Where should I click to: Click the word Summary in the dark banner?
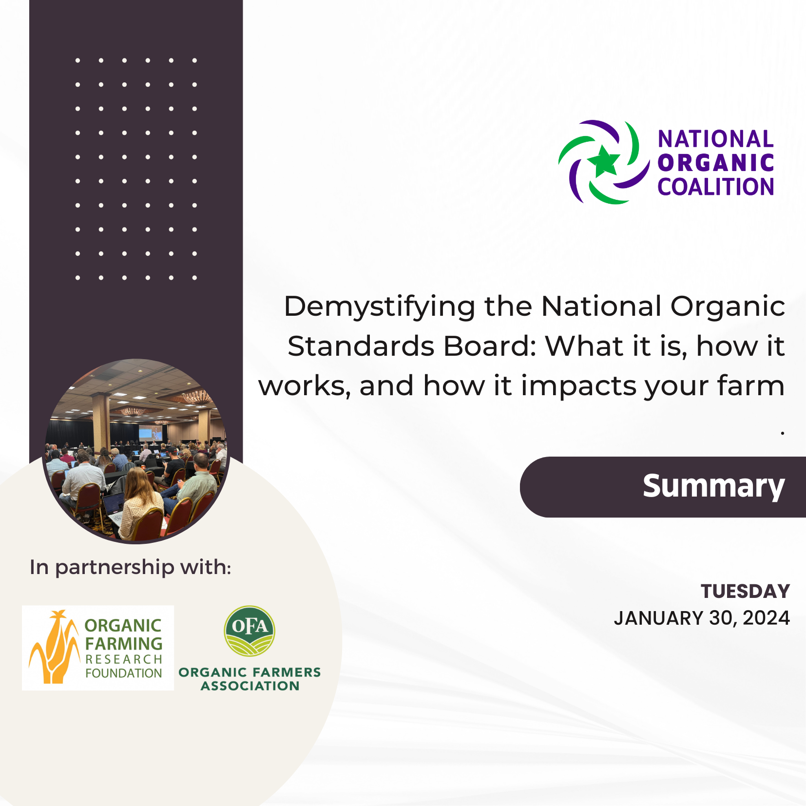click(x=713, y=486)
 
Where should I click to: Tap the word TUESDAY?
click(x=745, y=592)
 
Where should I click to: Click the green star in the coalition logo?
click(x=604, y=161)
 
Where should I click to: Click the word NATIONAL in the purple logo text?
click(x=715, y=139)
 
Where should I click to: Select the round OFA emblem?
click(x=249, y=632)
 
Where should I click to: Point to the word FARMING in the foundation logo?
click(x=124, y=644)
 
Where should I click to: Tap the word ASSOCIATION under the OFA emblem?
click(x=250, y=686)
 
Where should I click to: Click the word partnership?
click(x=115, y=568)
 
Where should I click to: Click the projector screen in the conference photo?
click(x=150, y=433)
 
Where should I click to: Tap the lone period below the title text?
click(x=782, y=432)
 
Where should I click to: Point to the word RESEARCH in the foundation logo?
click(x=124, y=659)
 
